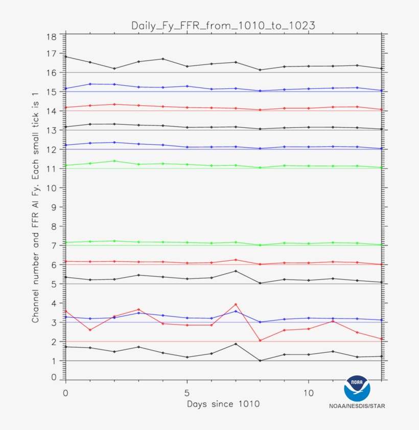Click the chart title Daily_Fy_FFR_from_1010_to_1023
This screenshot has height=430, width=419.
point(223,25)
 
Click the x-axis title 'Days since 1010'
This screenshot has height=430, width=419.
point(223,403)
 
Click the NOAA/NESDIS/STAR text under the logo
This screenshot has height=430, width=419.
point(357,406)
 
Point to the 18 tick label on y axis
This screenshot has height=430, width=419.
point(51,37)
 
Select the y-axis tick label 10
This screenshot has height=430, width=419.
point(51,188)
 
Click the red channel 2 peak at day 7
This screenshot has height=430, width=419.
point(236,304)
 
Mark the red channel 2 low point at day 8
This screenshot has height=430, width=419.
point(260,341)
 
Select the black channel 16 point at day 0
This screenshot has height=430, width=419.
point(65,57)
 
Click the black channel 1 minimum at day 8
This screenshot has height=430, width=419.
point(260,360)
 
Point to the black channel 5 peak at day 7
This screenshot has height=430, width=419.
point(236,271)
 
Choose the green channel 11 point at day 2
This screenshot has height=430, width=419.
point(114,161)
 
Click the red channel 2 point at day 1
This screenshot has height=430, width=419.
point(90,330)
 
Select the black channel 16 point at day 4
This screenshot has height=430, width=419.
point(162,59)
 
